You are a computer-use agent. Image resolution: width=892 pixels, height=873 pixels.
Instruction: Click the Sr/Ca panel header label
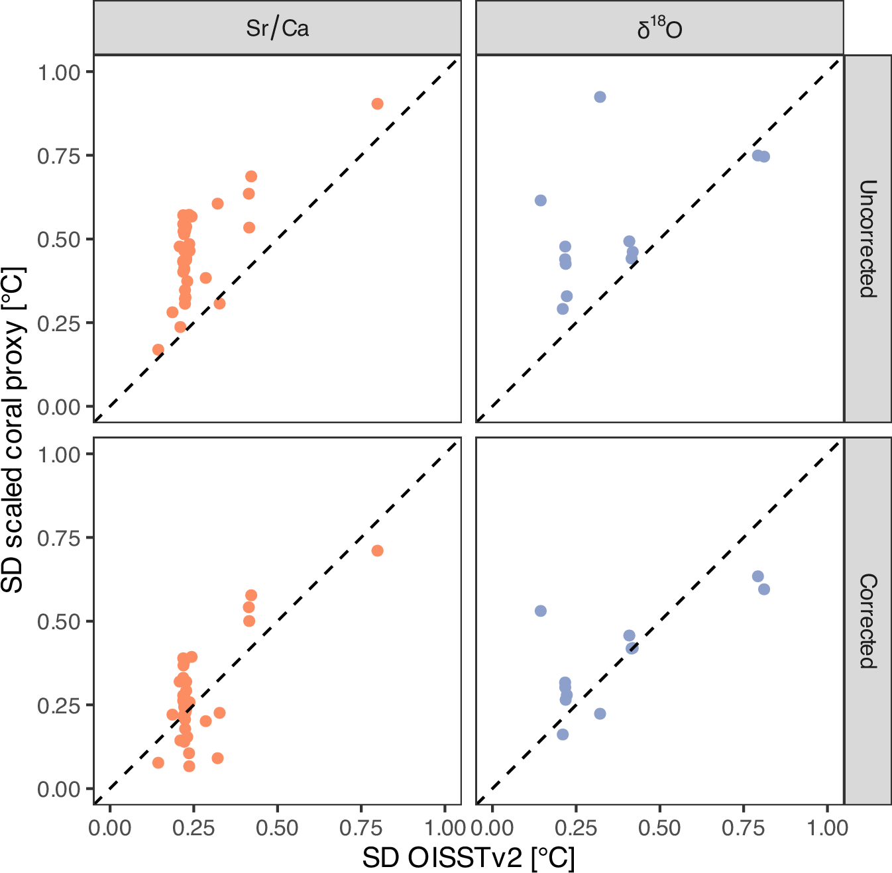coord(277,28)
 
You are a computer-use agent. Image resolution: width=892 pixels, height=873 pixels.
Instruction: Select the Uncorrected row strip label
coord(867,238)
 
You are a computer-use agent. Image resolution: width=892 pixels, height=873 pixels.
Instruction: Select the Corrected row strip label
coord(867,621)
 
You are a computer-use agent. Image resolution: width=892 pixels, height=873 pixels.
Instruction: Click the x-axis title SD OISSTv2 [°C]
coord(469,858)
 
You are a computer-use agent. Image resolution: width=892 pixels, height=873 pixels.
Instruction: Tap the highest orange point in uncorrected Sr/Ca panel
coord(377,104)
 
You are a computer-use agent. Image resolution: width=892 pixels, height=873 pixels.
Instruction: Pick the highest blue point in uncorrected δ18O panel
coord(600,97)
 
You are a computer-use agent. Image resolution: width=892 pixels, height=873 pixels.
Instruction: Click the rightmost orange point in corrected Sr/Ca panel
coord(377,551)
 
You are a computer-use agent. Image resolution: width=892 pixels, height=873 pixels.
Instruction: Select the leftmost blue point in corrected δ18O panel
coord(541,611)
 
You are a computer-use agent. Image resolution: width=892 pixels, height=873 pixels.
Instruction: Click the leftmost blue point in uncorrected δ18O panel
coord(541,201)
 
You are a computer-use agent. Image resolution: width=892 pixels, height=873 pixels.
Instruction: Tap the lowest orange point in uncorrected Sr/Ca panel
coord(158,350)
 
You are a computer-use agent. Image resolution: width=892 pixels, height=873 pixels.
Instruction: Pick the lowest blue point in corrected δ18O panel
coord(563,735)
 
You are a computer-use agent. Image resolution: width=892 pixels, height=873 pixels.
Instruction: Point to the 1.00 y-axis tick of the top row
coord(58,72)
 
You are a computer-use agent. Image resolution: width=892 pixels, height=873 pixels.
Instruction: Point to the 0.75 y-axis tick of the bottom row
coord(58,538)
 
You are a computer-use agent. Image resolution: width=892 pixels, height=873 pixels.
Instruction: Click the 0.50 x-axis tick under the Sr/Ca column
coord(277,828)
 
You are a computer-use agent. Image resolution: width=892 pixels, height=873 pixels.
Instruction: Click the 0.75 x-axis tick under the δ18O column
coord(744,828)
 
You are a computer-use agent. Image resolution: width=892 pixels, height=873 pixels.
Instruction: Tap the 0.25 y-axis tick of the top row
coord(58,323)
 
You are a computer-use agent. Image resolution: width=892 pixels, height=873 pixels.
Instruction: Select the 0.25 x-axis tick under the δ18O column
coord(576,828)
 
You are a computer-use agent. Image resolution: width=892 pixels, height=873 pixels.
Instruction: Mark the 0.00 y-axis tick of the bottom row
coord(58,789)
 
